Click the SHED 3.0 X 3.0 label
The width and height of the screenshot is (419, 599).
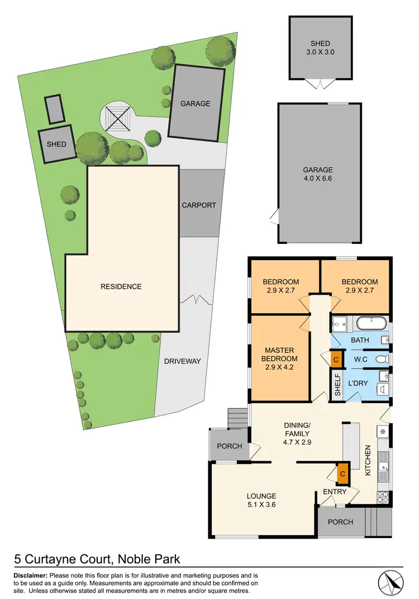pos(320,48)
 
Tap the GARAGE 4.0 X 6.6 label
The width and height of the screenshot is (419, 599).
pos(318,174)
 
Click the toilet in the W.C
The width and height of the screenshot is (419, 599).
pos(382,359)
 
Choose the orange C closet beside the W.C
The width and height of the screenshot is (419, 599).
pos(336,360)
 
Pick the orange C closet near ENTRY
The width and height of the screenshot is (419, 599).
pos(342,474)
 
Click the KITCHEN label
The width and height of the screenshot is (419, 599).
pos(368,461)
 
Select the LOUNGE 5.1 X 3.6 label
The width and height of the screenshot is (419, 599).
pos(263,501)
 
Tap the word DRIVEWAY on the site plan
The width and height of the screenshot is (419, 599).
pos(182,361)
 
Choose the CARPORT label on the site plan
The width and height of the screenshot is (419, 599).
pos(198,205)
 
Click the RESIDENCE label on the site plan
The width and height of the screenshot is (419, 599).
pos(121,286)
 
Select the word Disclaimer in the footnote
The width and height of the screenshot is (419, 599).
pos(31,576)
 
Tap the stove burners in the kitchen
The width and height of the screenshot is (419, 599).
pos(383,495)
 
